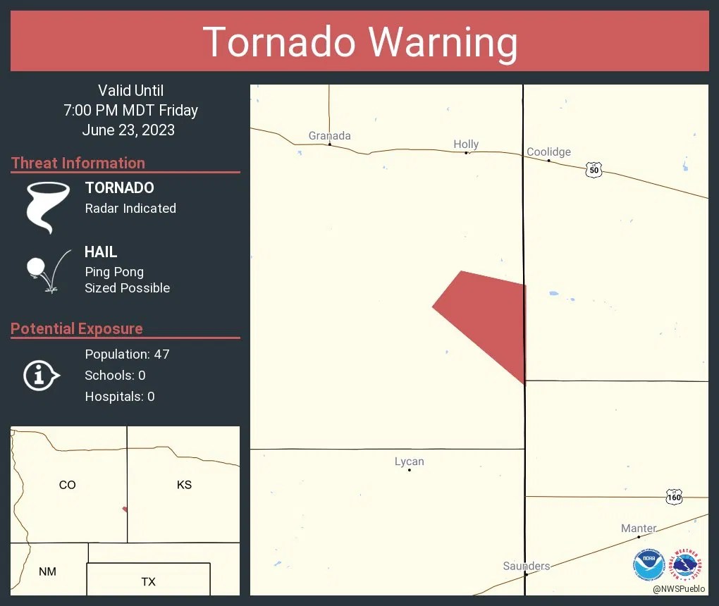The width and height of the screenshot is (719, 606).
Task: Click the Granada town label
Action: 329,136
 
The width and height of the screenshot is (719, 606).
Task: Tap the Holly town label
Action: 466,144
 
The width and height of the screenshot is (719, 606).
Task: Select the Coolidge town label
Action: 548,151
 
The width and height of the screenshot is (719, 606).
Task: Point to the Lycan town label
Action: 409,462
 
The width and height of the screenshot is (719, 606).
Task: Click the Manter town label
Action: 639,528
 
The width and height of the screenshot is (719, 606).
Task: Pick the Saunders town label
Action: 527,566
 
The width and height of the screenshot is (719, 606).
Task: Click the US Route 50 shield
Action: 594,170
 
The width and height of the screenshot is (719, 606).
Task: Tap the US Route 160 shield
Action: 674,497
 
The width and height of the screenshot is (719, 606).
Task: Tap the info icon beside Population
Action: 40,376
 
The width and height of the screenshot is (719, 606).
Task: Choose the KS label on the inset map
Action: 184,485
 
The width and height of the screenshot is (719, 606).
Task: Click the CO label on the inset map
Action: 67,485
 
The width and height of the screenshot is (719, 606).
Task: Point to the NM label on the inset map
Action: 47,571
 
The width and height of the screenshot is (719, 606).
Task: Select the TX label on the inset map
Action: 148,581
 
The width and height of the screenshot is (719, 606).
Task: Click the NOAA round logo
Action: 649,565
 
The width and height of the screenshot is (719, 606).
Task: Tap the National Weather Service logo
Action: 687,565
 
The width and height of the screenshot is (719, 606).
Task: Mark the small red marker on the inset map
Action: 125,509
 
